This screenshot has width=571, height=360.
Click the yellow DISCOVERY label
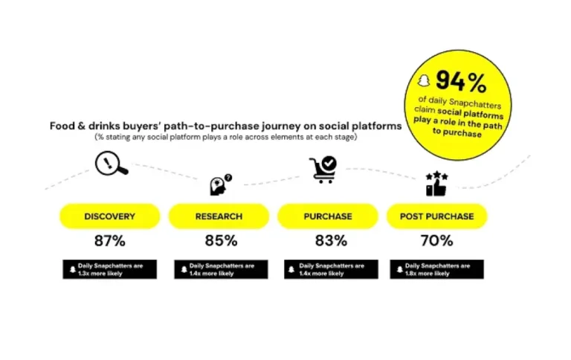coord(109,216)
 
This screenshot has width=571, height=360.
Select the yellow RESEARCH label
coord(219,216)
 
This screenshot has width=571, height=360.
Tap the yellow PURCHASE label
coord(328,216)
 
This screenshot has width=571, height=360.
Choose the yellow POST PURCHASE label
coord(436,216)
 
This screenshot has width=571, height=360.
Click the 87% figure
coord(109,241)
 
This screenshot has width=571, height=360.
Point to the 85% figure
coord(221,241)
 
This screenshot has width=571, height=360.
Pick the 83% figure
coord(330,241)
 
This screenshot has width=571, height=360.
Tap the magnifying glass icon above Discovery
coord(112,162)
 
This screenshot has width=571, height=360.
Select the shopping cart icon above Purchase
coord(323,170)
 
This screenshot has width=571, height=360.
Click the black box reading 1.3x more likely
coord(109,269)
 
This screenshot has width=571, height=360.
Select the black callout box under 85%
coord(221,269)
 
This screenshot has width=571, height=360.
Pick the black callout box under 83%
coord(330,269)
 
